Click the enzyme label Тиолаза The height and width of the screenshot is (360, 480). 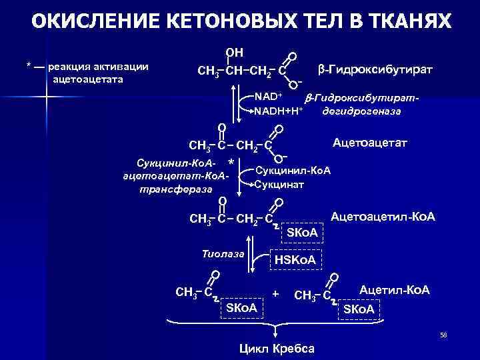[223, 254]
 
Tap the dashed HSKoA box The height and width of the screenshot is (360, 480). [295, 259]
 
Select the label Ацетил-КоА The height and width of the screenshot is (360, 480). [395, 290]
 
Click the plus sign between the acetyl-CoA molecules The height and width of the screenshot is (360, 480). [275, 293]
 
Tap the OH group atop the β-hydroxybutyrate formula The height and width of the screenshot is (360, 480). [235, 52]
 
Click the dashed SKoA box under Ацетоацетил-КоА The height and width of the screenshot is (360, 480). [303, 232]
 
